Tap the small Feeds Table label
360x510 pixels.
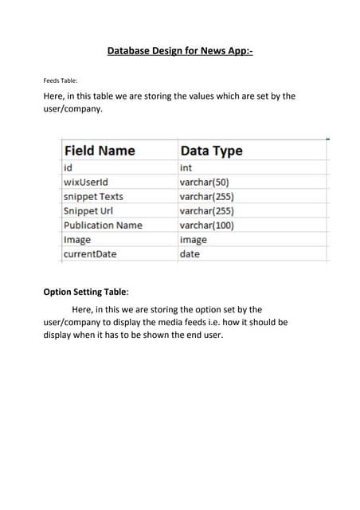(x=60, y=80)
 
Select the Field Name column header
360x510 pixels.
(x=99, y=151)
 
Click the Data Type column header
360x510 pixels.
(x=211, y=151)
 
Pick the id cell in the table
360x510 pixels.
(x=68, y=168)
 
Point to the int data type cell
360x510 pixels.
(x=186, y=168)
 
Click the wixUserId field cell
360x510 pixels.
(x=85, y=182)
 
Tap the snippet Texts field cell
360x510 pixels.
(x=93, y=197)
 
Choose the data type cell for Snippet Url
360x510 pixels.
(x=206, y=211)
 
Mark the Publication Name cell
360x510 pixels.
(x=103, y=226)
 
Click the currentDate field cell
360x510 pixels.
(x=90, y=254)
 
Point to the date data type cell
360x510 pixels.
(x=190, y=254)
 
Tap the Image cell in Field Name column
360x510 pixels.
(x=77, y=240)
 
